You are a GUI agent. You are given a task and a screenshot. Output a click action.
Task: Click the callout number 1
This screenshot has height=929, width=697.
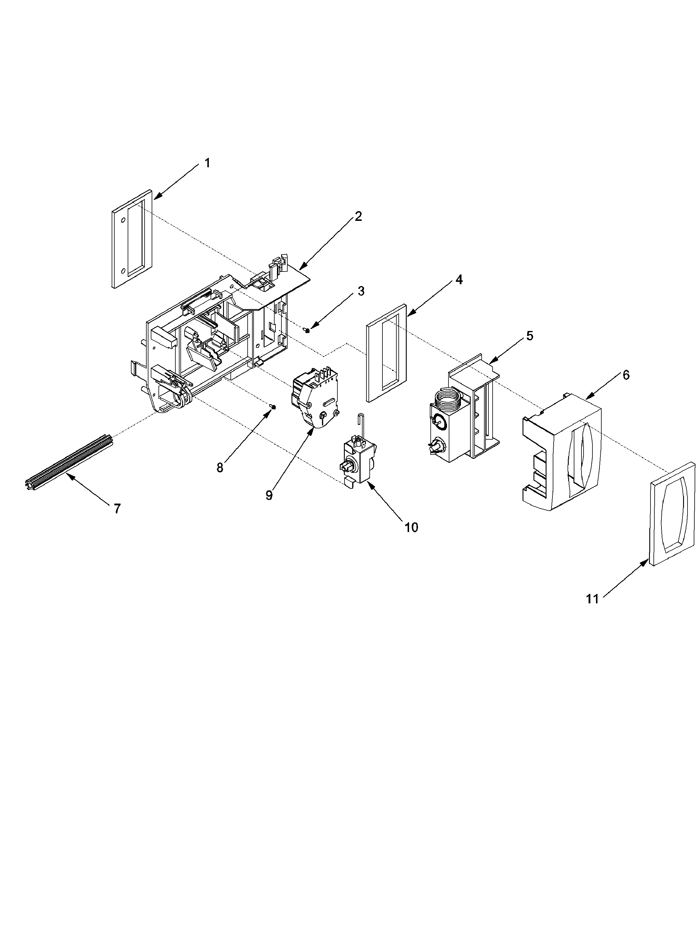(207, 163)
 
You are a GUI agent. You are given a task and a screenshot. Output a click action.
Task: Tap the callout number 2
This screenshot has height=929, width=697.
(358, 216)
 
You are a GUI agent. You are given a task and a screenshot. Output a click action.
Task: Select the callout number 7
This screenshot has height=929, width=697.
(117, 509)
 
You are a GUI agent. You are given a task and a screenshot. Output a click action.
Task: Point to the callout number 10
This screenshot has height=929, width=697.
(411, 528)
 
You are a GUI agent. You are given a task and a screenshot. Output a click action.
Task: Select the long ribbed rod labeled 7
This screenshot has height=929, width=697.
(67, 462)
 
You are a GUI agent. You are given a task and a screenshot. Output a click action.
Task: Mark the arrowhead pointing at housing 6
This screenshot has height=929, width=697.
(589, 397)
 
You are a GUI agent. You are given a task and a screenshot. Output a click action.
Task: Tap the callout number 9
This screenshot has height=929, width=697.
(269, 495)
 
